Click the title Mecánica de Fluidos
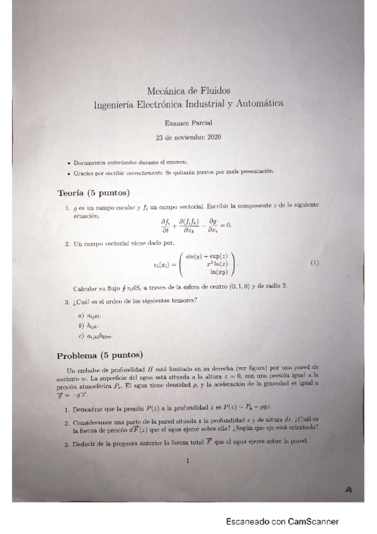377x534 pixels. [x=188, y=91]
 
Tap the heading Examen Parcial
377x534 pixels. [x=188, y=123]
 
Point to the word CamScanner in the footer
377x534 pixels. [x=313, y=521]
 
